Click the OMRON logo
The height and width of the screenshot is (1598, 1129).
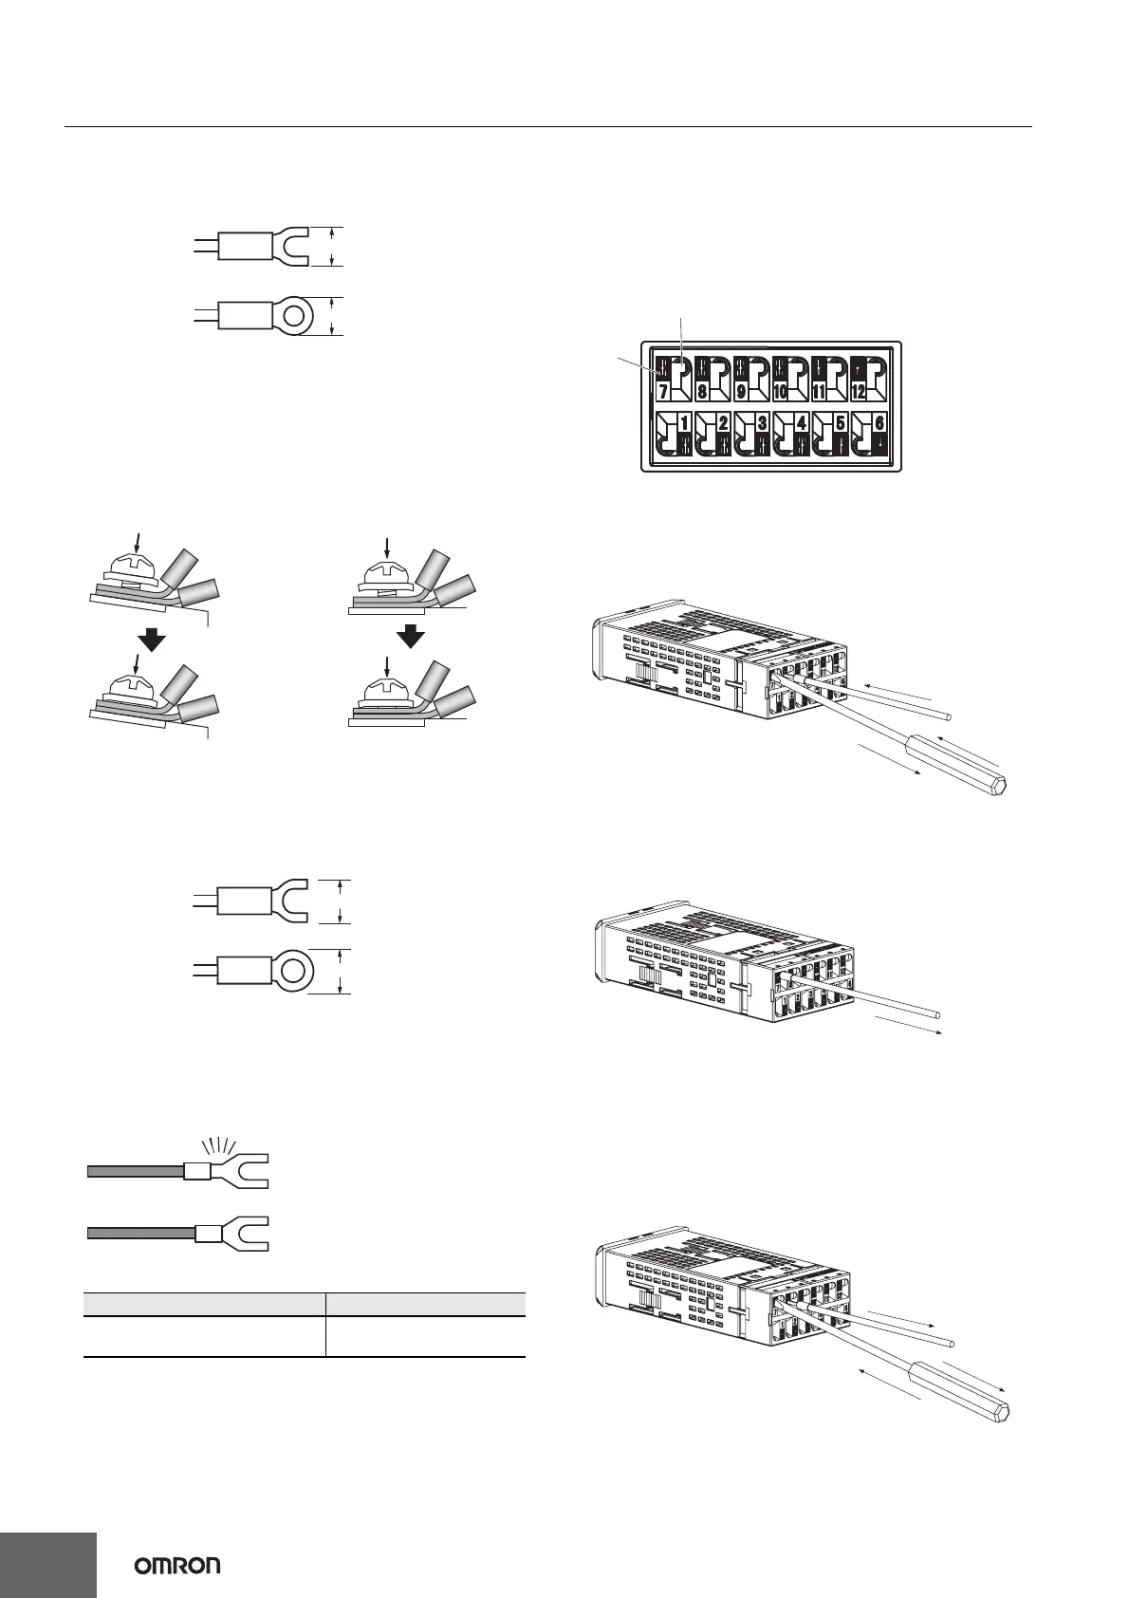pyautogui.click(x=177, y=1565)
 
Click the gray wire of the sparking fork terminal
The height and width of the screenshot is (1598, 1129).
pyautogui.click(x=134, y=1172)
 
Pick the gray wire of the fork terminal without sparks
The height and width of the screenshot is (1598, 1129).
pyautogui.click(x=139, y=1233)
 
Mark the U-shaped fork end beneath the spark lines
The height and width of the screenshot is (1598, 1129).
pyautogui.click(x=245, y=1171)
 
